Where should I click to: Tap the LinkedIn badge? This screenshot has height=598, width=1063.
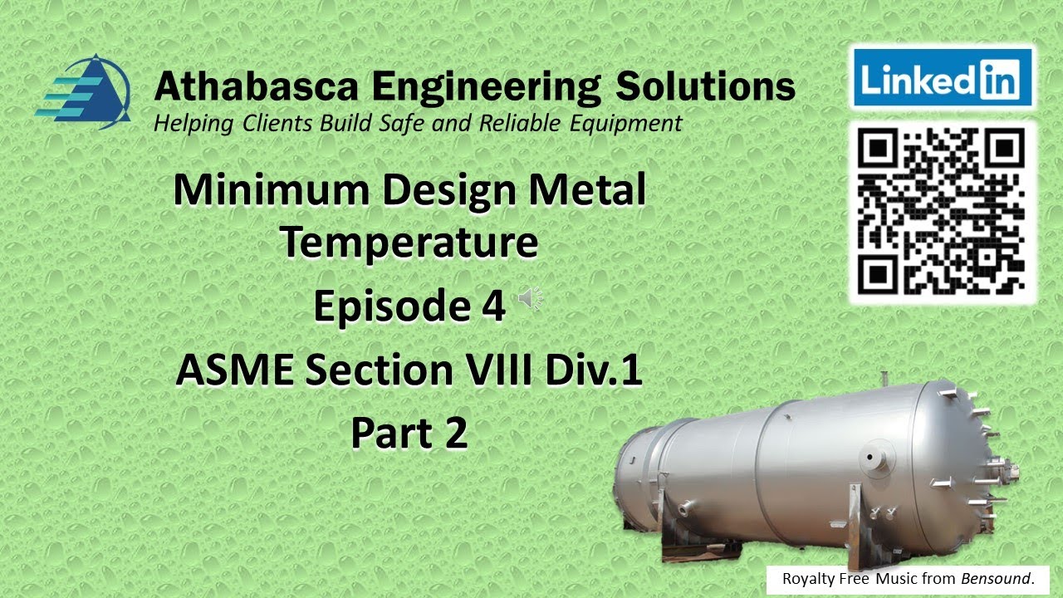(x=941, y=78)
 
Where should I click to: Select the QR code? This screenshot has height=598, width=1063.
(x=941, y=211)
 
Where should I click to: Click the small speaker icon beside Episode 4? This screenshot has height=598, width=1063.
(x=529, y=299)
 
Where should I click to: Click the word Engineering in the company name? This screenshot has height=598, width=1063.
(x=485, y=87)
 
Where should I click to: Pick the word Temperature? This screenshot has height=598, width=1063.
(x=409, y=242)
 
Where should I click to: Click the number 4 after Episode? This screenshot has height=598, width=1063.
(x=492, y=306)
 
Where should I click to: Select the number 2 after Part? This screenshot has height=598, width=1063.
(x=455, y=433)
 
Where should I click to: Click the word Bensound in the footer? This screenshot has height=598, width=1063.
(x=996, y=578)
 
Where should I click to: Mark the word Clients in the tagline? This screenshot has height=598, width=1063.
(x=273, y=124)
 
